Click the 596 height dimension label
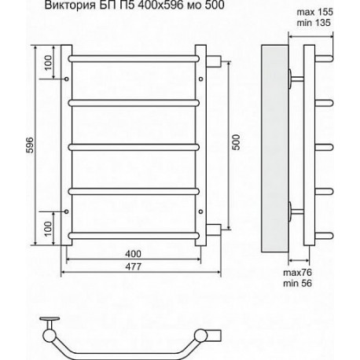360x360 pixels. [x=31, y=145]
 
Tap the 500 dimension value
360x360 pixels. [x=236, y=142]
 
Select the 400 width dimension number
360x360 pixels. [x=133, y=254]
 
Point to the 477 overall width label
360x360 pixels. [x=133, y=266]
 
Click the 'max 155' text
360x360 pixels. [x=314, y=12]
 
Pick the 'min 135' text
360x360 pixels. [x=314, y=23]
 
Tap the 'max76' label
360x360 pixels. [x=297, y=273]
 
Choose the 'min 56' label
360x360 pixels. [x=297, y=283]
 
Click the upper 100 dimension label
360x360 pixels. [x=49, y=63]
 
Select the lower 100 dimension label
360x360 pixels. [x=48, y=229]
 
